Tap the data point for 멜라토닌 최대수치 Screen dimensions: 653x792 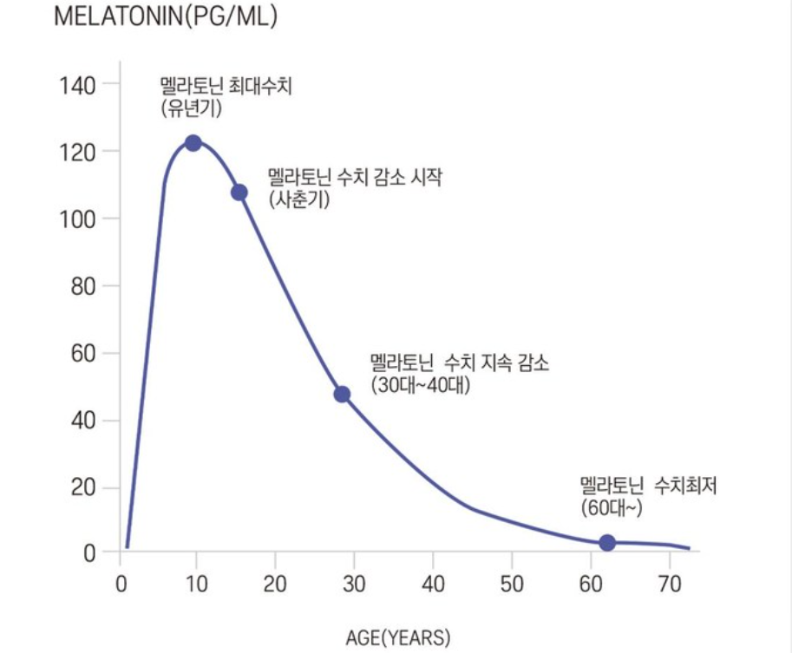(193, 143)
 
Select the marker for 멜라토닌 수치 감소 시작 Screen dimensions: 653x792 (239, 193)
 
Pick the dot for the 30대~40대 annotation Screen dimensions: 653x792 (342, 395)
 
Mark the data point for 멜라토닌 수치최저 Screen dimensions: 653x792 (607, 543)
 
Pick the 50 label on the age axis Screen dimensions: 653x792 (512, 583)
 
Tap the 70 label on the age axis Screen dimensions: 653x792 (669, 583)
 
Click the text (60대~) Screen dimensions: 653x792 (612, 508)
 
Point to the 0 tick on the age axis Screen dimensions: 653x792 (121, 583)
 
